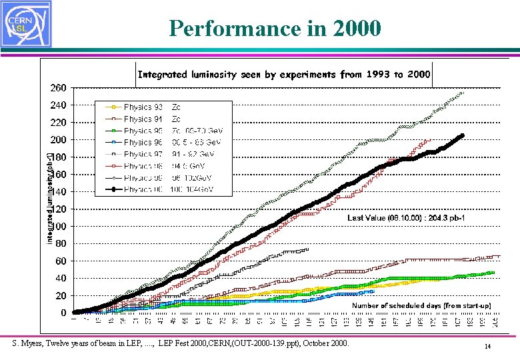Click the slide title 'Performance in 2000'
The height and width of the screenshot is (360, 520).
click(x=275, y=29)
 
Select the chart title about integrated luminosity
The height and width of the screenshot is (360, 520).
click(x=283, y=75)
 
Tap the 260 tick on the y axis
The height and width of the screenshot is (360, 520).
click(x=58, y=88)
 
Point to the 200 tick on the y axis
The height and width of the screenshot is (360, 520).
click(x=58, y=140)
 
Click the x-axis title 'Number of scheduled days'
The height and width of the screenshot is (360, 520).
click(x=421, y=305)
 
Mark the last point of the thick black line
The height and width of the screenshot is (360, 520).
click(x=462, y=136)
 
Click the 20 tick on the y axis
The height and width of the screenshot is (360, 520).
click(x=60, y=295)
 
